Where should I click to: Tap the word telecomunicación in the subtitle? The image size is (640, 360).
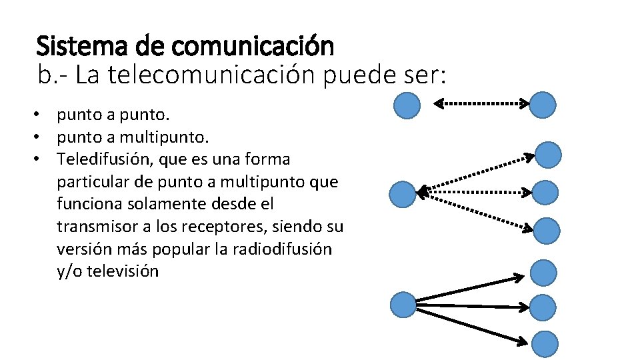[x=199, y=76]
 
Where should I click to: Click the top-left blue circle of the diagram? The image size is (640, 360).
[x=407, y=105]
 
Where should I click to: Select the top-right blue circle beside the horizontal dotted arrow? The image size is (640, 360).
[x=545, y=104]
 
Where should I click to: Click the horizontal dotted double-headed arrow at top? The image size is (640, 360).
[x=482, y=103]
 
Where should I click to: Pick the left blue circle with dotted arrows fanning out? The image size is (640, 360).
[x=403, y=194]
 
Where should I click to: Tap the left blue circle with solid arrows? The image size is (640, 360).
[x=403, y=305]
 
